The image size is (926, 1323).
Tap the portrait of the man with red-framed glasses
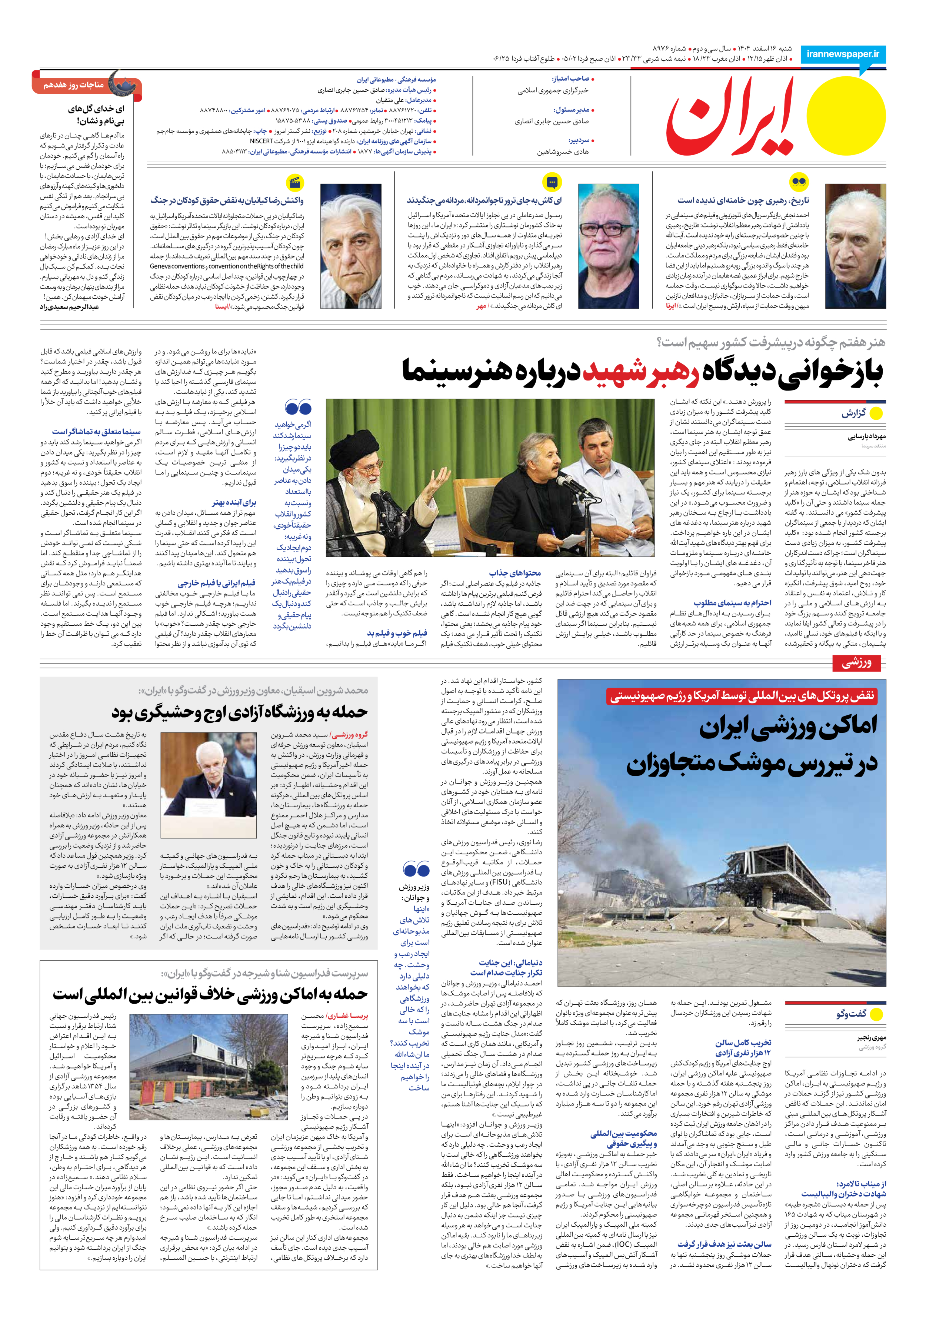[609, 246]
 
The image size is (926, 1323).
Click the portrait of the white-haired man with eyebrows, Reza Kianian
[350, 246]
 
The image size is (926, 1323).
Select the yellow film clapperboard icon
[295, 183]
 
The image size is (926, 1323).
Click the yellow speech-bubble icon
[552, 183]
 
